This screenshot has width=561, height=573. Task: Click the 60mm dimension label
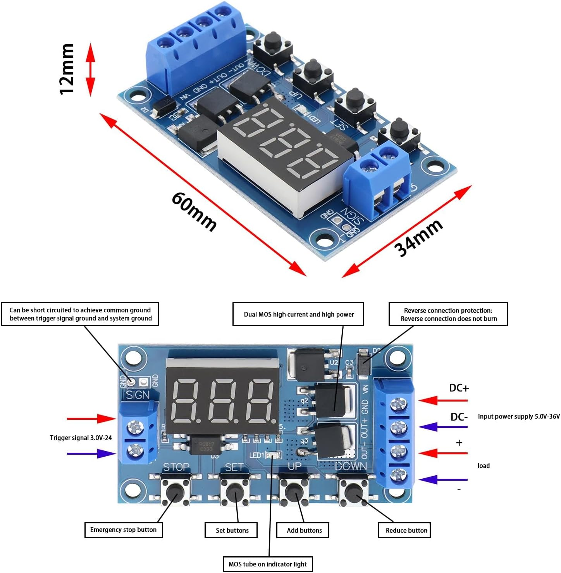[194, 211]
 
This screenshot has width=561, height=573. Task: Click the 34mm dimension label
[418, 238]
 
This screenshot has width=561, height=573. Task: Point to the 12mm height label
[67, 69]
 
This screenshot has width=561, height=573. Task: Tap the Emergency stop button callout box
[124, 530]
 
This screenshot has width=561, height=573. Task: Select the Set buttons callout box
[231, 530]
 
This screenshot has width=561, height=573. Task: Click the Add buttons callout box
[303, 530]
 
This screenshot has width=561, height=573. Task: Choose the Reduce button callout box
[404, 530]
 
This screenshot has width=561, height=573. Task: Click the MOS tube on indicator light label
[268, 564]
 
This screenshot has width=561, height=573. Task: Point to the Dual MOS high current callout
[298, 314]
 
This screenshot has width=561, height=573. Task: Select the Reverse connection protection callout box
[448, 314]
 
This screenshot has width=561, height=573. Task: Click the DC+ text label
[459, 388]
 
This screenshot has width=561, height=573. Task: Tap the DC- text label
[459, 417]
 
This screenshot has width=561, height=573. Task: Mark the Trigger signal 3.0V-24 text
[81, 438]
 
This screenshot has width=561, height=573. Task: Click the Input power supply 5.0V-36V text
[518, 416]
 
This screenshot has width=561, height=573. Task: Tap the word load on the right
[483, 466]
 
